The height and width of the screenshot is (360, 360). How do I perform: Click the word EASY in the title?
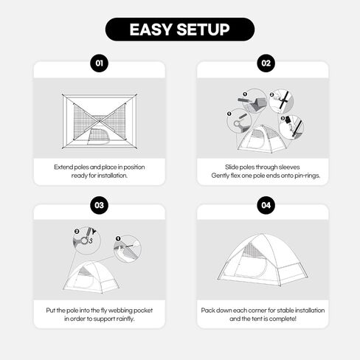150,30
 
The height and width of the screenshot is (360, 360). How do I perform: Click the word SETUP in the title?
203,30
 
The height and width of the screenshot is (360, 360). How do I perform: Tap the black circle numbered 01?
100,63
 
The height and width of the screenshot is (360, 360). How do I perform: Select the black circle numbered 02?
266,63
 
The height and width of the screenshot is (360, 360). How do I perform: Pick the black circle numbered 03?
100,205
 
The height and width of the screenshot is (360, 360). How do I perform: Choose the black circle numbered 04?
266,205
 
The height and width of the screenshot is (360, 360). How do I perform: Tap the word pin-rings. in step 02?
308,176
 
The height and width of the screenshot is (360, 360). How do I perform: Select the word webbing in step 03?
120,311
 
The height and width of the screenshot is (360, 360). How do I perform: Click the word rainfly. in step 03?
125,319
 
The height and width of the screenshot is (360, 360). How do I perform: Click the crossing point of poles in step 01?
100,121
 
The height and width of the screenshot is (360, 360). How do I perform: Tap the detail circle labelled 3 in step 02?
291,128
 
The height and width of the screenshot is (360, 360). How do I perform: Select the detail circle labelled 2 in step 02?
281,101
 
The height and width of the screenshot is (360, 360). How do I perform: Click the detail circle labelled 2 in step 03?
87,240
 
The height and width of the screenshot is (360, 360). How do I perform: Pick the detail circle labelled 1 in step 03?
128,249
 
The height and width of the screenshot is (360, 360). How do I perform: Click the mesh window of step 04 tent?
253,249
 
